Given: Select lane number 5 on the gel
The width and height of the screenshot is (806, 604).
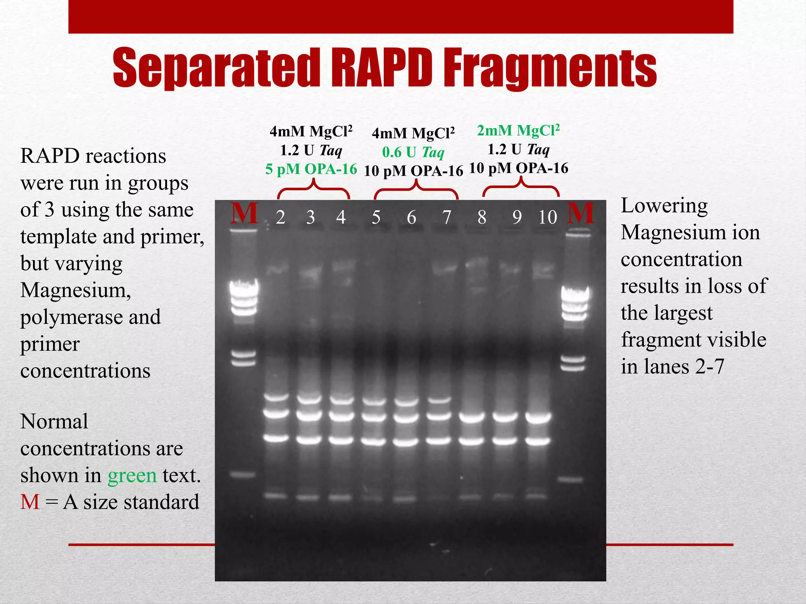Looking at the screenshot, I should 376,217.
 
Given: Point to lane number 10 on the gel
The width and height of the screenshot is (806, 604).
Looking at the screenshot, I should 547,217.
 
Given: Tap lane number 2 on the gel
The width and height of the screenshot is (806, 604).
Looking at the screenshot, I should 280,217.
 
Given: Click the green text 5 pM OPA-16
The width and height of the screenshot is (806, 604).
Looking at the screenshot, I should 311,169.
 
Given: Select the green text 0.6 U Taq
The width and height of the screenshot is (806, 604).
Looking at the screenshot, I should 413,152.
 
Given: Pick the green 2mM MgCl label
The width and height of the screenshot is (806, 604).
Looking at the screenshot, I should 518,131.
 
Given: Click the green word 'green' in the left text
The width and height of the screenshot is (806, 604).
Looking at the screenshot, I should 132,476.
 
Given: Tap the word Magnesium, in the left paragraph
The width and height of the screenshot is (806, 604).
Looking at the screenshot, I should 76,290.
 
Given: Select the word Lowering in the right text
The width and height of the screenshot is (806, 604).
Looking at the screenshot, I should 664,206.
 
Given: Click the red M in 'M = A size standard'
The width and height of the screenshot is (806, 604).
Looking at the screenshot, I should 30,502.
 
